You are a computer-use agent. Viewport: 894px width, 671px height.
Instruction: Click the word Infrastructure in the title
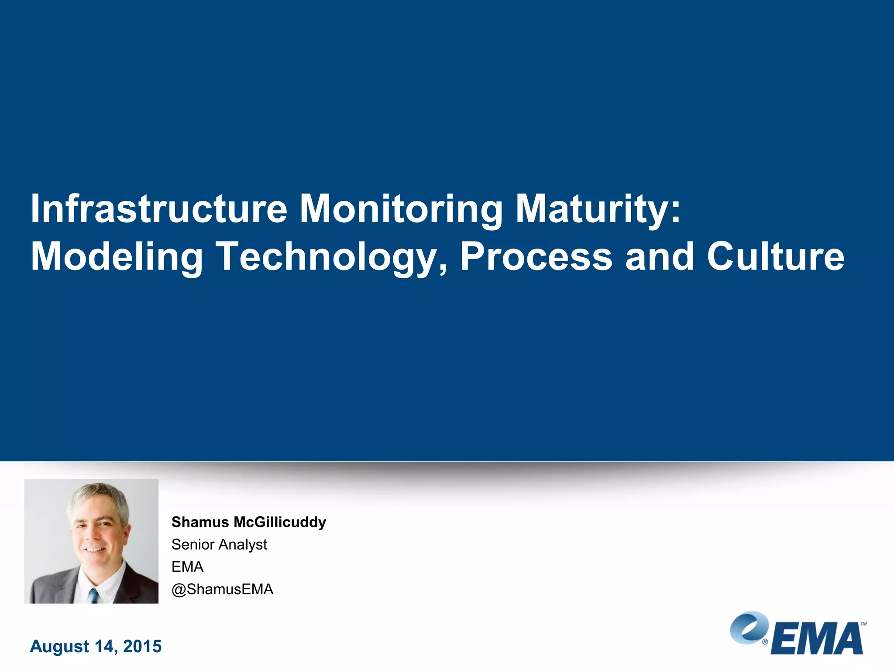[x=159, y=209]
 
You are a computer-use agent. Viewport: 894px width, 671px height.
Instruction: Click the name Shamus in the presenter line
[x=200, y=522]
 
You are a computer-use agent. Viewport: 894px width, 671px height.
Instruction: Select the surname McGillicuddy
[x=280, y=522]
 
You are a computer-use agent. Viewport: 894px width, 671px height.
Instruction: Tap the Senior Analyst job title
[x=219, y=545]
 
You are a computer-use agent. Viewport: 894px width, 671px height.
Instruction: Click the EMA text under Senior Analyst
[x=187, y=567]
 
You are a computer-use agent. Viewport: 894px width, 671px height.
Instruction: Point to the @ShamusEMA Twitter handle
[x=222, y=589]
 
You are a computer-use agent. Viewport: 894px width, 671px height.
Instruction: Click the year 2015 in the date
[x=142, y=647]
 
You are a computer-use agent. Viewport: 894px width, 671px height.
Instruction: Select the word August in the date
[x=59, y=647]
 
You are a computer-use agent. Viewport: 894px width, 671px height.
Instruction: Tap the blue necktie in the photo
[x=93, y=595]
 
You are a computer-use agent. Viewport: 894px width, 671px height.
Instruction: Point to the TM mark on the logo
[x=863, y=624]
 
